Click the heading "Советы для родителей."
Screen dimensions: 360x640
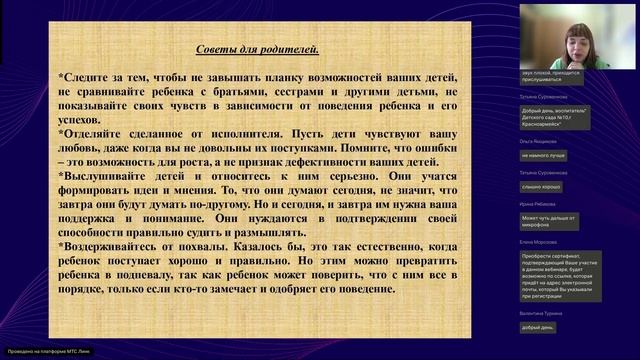tap(257, 48)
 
